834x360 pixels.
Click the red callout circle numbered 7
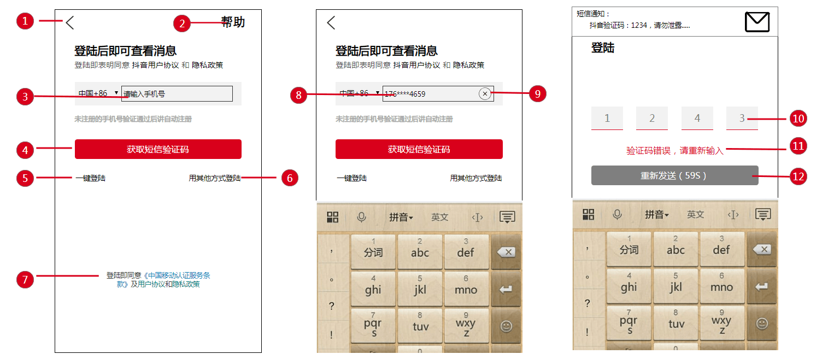25,280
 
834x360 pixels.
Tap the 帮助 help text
233,22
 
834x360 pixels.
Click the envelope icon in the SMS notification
757,22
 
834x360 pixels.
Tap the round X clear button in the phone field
485,94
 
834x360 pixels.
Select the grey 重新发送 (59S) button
674,175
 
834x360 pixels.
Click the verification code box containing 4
697,119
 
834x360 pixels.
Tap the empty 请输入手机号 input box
177,94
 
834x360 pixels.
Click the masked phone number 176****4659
405,94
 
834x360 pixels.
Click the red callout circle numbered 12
798,176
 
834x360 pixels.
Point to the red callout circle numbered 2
182,23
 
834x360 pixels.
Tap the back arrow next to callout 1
70,23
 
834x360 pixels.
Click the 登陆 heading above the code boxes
603,48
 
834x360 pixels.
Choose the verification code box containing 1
607,119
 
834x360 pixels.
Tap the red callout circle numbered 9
538,94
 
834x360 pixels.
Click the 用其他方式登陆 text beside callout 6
215,178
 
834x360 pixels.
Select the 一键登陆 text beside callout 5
91,178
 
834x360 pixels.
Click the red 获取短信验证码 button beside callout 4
158,149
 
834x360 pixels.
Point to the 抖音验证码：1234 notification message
639,25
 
